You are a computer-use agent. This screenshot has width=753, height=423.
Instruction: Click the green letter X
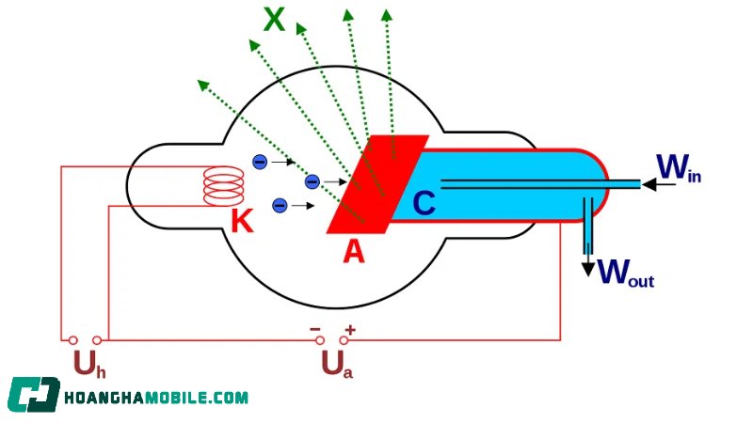point(274,20)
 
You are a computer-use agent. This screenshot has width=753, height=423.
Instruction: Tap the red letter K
point(242,221)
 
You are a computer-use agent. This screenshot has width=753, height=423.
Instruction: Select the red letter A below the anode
point(354,251)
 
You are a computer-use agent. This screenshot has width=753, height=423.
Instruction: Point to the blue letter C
point(425,203)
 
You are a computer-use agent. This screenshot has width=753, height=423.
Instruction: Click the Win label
point(679,168)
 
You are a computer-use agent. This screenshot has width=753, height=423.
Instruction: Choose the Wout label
point(626,273)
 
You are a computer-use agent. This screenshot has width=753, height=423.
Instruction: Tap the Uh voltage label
point(89,364)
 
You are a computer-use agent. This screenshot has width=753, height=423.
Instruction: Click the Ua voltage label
point(337,364)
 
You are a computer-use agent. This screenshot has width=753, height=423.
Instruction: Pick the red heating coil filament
point(223,186)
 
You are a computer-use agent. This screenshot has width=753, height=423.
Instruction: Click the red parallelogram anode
point(377,184)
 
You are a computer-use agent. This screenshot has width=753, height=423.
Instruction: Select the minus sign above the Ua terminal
point(315,329)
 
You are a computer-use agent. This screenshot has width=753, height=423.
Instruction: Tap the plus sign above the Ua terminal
point(350,330)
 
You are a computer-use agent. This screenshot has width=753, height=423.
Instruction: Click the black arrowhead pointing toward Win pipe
point(649,184)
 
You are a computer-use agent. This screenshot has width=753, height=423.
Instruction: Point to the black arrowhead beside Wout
point(588,270)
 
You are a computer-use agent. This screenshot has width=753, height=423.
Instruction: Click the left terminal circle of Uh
point(73,340)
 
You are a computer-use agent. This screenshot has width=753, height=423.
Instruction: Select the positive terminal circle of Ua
point(344,340)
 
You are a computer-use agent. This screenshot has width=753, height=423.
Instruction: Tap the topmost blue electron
point(260,162)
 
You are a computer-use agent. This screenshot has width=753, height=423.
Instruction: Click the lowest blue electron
point(280,206)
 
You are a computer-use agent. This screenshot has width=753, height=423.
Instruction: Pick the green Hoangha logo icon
point(34,395)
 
